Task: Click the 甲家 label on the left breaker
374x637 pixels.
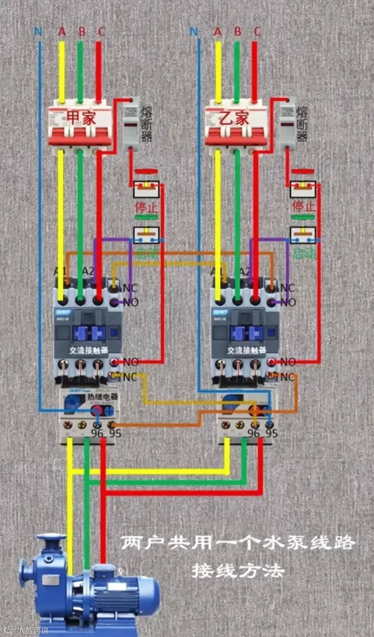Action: click(x=81, y=118)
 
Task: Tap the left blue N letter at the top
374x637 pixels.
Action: click(x=38, y=32)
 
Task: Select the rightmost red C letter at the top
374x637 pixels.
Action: click(x=257, y=32)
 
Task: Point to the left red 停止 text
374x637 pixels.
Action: click(x=146, y=207)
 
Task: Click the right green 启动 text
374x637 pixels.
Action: click(x=304, y=253)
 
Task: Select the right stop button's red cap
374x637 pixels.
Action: click(x=303, y=172)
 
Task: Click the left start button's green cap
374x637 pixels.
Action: click(x=146, y=218)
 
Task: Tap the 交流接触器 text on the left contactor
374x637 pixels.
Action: click(x=89, y=350)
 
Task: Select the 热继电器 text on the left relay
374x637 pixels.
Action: click(x=102, y=397)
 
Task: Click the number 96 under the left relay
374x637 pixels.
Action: click(x=97, y=433)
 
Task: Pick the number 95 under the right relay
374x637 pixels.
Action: click(x=271, y=433)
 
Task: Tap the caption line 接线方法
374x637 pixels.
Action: click(x=238, y=571)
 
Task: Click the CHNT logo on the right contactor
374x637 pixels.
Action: click(x=220, y=312)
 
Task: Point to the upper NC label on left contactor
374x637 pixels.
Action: click(x=130, y=288)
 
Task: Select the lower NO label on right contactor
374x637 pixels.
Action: click(x=288, y=362)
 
